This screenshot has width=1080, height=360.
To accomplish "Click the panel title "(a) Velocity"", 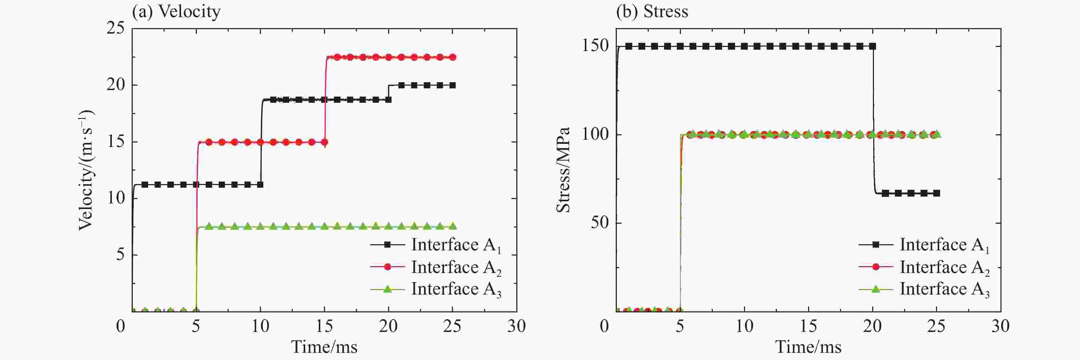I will click(x=176, y=11).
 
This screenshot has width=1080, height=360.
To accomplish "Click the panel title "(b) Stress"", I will click(x=651, y=11).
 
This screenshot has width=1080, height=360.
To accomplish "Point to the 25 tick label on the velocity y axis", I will click(x=116, y=28).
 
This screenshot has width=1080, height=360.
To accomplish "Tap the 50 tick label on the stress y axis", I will click(x=600, y=223).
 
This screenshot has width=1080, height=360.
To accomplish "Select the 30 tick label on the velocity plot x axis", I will click(x=516, y=326).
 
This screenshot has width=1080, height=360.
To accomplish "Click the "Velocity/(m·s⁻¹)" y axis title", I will click(x=86, y=170).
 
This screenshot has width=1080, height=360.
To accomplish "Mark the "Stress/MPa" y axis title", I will click(x=563, y=170).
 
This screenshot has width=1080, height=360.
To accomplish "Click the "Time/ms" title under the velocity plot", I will click(x=324, y=347).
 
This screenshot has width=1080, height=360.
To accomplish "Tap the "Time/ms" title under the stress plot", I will click(x=808, y=347).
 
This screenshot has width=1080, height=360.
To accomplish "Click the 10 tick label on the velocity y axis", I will click(x=116, y=198).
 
